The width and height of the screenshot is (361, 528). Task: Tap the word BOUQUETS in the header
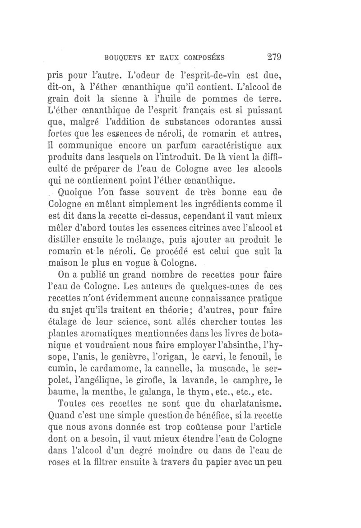tap(124, 57)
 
